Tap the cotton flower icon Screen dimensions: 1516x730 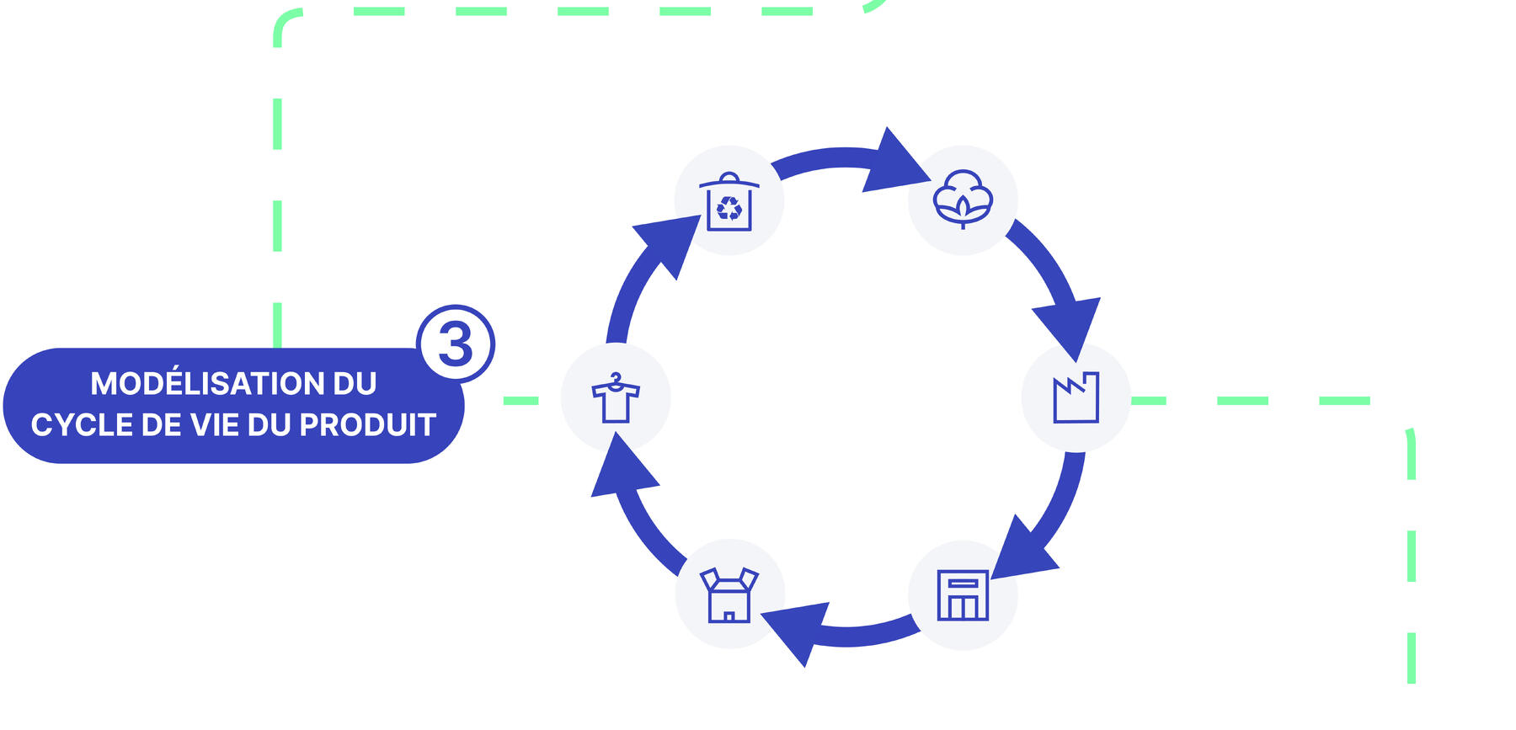(963, 200)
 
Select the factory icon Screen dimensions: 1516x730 (1076, 397)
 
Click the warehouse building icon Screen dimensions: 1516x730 (963, 595)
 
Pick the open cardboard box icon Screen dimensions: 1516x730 (729, 594)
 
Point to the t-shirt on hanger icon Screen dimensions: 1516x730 (616, 398)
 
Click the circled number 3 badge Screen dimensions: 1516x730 (456, 344)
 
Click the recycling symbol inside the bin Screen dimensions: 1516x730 (729, 208)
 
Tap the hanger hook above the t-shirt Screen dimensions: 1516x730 (617, 379)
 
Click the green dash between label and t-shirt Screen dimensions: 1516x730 (520, 401)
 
